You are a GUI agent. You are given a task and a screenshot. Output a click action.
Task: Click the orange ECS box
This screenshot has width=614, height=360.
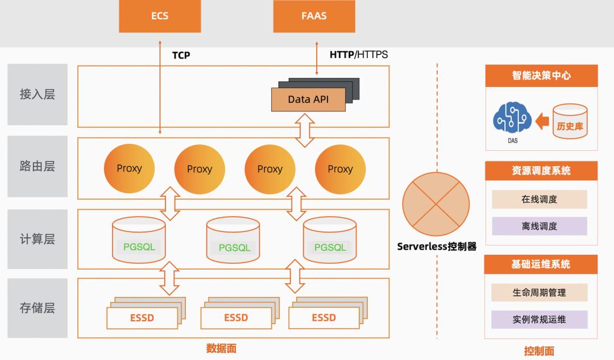(x=160, y=16)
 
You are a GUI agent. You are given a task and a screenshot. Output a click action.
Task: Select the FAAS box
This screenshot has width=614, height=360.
(x=314, y=16)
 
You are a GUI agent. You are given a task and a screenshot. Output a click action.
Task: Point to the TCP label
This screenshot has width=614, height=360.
(x=181, y=55)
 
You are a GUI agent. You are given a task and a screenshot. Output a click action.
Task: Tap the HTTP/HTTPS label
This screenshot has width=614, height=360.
(x=358, y=55)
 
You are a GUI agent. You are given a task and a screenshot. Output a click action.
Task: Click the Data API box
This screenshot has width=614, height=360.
(x=308, y=99)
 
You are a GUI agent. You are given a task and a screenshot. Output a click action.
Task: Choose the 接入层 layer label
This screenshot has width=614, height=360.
(x=38, y=94)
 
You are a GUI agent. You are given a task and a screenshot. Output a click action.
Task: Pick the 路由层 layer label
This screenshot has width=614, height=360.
(x=38, y=167)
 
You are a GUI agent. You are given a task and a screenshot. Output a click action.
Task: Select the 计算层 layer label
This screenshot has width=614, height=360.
(x=38, y=239)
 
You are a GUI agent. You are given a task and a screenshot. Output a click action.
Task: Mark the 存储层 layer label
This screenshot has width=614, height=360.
(x=38, y=308)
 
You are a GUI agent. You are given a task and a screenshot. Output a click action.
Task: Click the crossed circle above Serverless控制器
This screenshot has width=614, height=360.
(x=436, y=204)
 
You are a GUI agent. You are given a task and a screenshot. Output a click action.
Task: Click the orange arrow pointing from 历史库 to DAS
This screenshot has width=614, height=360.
(x=542, y=121)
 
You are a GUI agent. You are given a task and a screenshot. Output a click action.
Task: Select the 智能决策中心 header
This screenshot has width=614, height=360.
(x=541, y=76)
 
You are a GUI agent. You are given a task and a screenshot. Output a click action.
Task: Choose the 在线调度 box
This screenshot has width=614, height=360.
(x=539, y=199)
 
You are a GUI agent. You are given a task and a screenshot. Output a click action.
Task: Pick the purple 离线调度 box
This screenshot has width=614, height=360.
(x=539, y=226)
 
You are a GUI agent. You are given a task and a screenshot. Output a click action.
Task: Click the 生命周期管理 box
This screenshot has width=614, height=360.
(x=539, y=292)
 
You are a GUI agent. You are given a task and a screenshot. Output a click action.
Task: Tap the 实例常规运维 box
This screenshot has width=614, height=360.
(x=539, y=319)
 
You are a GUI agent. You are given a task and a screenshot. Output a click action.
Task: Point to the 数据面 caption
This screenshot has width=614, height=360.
(x=221, y=349)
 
